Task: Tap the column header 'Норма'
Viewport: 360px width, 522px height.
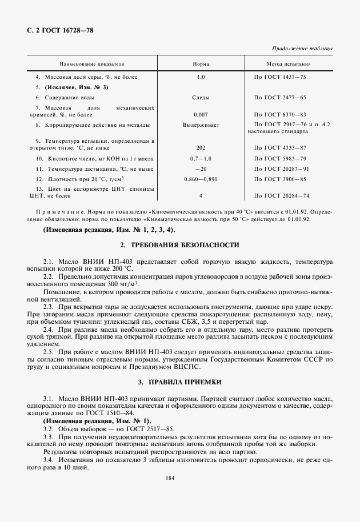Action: click(x=201, y=65)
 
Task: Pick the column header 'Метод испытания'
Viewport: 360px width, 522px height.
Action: click(x=289, y=65)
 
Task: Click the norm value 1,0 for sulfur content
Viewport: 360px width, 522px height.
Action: click(x=201, y=77)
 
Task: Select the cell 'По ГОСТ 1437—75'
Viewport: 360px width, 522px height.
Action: click(x=281, y=77)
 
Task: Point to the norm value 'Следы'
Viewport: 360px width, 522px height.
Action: click(x=201, y=98)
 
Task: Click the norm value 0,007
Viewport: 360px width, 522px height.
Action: click(x=201, y=115)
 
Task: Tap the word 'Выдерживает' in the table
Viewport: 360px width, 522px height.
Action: click(x=201, y=124)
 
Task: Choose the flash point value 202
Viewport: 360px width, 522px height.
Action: click(x=201, y=147)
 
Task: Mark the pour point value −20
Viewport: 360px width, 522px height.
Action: click(x=201, y=168)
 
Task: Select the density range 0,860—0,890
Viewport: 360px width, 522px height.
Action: click(x=201, y=179)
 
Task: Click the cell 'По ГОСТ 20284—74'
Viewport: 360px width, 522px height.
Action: click(x=282, y=195)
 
